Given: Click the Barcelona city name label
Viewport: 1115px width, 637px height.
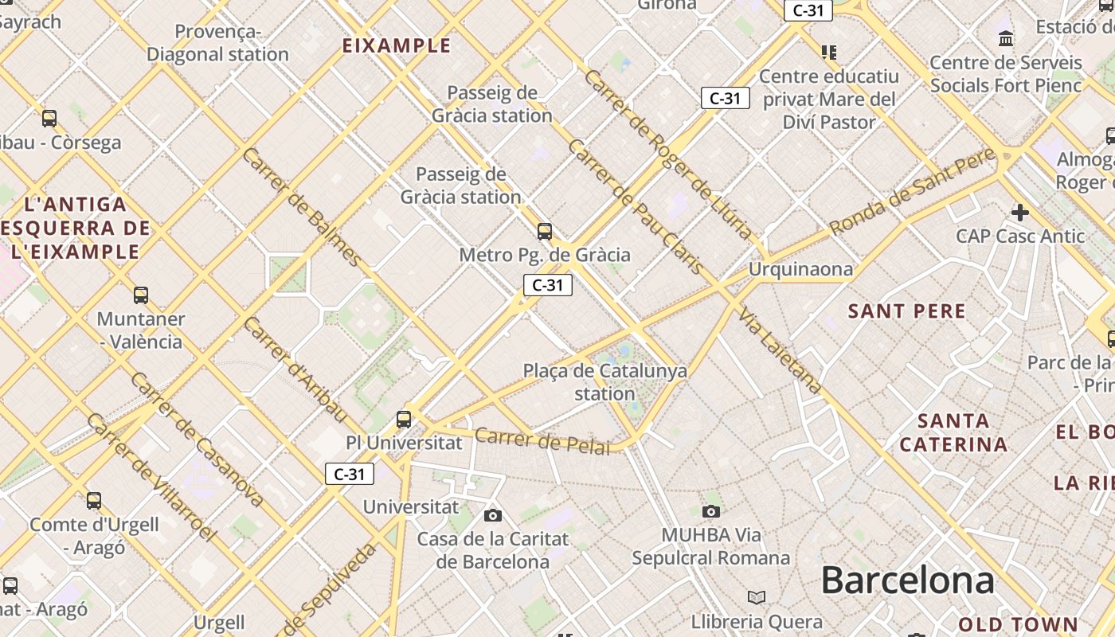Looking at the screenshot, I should [x=907, y=580].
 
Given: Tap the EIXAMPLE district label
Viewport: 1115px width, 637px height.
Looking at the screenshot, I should [x=397, y=45].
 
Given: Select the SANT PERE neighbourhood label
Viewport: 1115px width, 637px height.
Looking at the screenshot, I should [x=906, y=311].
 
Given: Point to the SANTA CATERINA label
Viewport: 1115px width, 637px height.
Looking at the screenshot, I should [x=953, y=432].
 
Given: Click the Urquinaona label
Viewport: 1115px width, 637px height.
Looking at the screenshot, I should [x=800, y=269].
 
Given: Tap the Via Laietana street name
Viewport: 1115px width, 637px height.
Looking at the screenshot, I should [x=780, y=350].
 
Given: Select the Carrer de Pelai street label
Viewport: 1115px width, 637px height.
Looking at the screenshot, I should [x=542, y=440].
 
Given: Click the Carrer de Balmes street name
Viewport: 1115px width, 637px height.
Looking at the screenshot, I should [x=302, y=206].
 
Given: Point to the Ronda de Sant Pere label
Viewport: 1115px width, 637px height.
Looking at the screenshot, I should [x=912, y=191].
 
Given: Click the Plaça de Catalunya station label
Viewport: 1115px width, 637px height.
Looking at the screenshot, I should [x=604, y=382].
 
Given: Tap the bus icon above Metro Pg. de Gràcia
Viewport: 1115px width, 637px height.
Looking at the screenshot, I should [x=545, y=232].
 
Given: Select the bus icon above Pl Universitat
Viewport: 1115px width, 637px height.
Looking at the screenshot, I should [x=404, y=419].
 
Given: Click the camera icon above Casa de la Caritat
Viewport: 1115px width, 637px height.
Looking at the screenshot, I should [x=493, y=515].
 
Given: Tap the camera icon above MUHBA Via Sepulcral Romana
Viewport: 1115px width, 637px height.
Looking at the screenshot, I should [x=711, y=511].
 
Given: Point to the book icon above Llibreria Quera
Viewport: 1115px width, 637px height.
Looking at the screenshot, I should [x=756, y=597].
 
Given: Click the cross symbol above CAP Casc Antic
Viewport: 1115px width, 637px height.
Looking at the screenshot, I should [x=1020, y=213].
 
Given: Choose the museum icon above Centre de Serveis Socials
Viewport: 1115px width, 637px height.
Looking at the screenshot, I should [x=1006, y=38].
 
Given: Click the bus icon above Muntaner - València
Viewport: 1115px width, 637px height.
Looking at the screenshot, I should [x=141, y=295].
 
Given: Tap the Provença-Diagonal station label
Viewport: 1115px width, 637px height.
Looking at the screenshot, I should [x=217, y=43].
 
